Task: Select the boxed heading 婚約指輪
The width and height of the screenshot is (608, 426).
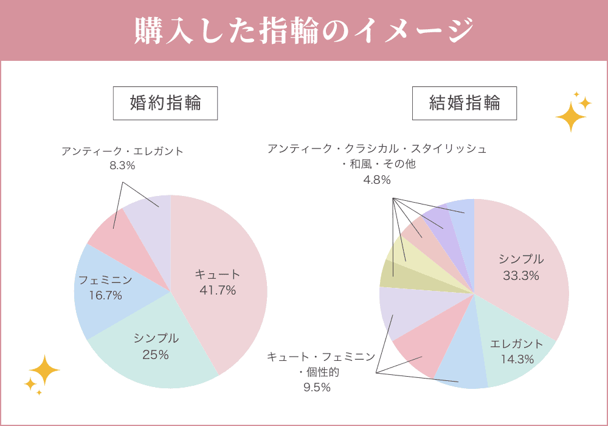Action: pos(165,103)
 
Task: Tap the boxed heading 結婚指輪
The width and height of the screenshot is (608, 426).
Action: pos(465,103)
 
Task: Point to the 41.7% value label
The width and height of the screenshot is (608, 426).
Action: pos(218,290)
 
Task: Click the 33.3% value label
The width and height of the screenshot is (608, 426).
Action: pos(521,276)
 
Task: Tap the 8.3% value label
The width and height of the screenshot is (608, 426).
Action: pos(122,165)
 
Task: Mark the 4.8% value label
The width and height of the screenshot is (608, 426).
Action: pos(377,180)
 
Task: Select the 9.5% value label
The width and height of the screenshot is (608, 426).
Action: pos(317,387)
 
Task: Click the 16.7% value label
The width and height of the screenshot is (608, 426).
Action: pos(105,296)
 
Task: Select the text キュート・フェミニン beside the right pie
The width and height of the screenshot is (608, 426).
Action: pos(321,357)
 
